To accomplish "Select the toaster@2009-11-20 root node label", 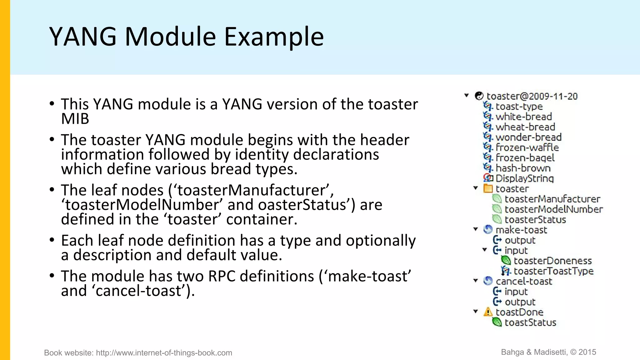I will [532, 96].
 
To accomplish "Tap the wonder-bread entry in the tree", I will [528, 137].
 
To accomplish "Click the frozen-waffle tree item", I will [527, 147].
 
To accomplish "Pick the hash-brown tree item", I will [523, 168].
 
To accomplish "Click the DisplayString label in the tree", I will [525, 178].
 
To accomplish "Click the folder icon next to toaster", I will [488, 188].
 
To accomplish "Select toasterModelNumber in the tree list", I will [553, 209].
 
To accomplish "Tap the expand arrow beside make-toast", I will [476, 229].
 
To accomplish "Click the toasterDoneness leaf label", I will [552, 261].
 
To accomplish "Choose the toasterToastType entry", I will [553, 271].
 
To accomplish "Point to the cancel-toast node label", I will [524, 281].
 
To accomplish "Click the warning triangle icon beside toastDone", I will [488, 312].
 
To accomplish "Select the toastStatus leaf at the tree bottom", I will [530, 322].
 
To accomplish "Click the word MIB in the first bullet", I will [75, 119].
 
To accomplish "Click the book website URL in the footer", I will [164, 353].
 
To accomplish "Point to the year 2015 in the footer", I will [587, 352].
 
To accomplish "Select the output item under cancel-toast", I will [520, 302].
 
